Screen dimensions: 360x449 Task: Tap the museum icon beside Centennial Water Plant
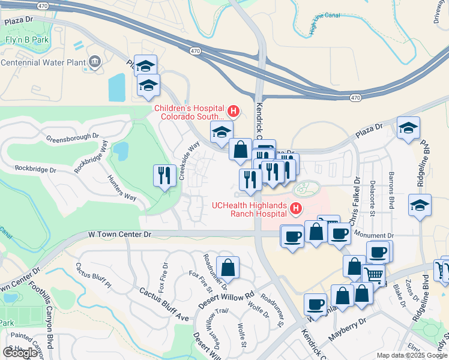[94, 62]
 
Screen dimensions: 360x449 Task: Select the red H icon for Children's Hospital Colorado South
[233, 111]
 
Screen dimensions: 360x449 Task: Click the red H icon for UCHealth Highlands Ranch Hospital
[295, 209]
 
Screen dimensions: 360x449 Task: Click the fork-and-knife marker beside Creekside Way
[164, 175]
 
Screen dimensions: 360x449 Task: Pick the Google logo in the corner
[20, 352]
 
